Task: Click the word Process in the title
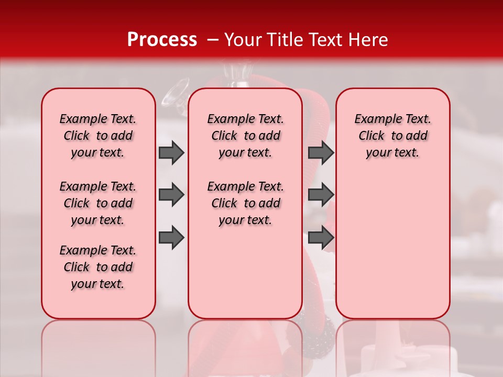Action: tap(162, 40)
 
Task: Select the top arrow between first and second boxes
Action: tap(171, 152)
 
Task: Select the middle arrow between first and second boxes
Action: tap(171, 195)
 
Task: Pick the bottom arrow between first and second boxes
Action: tap(171, 238)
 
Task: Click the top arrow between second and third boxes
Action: tap(321, 152)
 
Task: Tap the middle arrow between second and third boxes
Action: tap(321, 195)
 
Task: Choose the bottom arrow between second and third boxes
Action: tap(321, 238)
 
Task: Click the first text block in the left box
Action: tap(98, 136)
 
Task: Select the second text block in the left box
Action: tap(98, 203)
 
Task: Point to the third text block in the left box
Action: tap(98, 267)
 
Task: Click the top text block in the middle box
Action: tap(245, 136)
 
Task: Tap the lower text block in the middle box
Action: tap(245, 203)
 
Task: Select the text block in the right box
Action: tap(392, 136)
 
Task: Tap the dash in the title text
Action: tap(213, 40)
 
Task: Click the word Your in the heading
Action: tap(243, 40)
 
